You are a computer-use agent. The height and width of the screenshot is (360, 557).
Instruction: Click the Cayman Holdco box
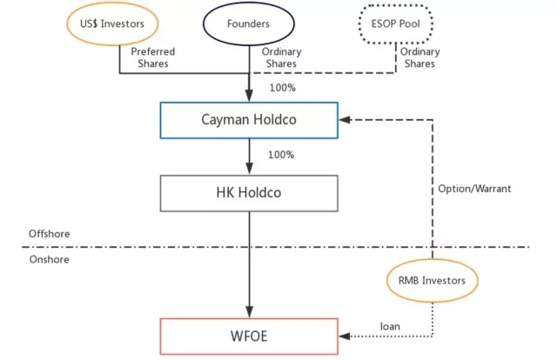(248, 119)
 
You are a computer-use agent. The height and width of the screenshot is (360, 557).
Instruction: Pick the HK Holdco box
(248, 193)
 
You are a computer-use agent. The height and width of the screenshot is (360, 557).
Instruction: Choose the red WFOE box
(248, 335)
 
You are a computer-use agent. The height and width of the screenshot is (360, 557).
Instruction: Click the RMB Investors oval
(432, 280)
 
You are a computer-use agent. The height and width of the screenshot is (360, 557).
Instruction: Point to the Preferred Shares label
(153, 58)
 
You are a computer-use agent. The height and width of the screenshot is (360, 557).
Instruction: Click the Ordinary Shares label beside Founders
(280, 58)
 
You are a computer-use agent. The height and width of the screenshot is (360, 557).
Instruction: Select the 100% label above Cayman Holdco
(281, 89)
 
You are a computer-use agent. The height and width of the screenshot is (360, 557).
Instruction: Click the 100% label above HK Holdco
(281, 155)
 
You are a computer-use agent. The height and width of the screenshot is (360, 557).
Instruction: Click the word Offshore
(49, 234)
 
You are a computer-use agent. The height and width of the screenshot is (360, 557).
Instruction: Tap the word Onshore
(48, 258)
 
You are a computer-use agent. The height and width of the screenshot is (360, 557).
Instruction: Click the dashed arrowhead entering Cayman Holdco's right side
(344, 120)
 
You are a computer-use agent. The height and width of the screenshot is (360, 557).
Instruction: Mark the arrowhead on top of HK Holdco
(250, 170)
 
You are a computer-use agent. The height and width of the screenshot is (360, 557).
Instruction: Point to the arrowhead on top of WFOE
(250, 313)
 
